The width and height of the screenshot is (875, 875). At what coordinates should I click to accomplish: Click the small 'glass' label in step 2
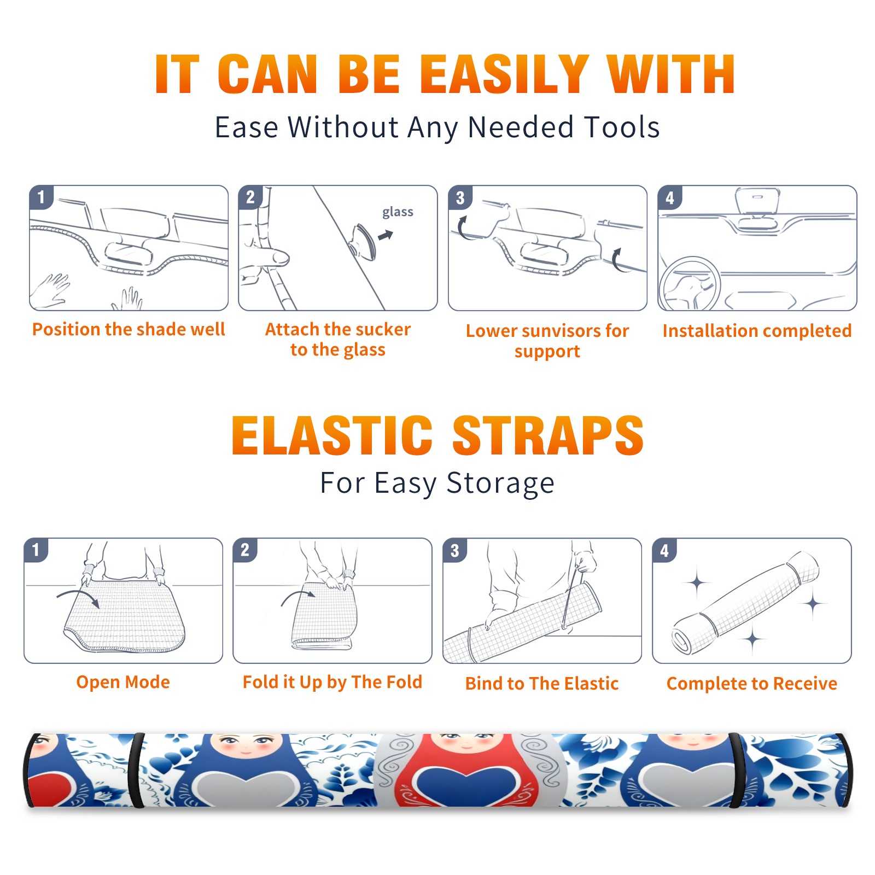click(398, 212)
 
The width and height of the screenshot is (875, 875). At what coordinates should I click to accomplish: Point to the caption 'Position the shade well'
click(129, 329)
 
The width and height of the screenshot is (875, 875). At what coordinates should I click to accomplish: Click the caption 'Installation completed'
click(757, 331)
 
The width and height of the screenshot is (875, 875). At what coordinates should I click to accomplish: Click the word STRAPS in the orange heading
click(548, 436)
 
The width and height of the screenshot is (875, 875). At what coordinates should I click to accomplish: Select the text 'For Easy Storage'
click(437, 483)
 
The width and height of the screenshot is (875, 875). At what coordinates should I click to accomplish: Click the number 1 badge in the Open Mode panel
click(36, 550)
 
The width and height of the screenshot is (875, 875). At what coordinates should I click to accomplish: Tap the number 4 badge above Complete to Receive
click(664, 550)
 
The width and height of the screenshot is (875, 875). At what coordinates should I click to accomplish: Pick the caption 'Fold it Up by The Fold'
click(332, 682)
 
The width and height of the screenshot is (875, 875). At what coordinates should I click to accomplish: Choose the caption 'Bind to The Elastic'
click(542, 684)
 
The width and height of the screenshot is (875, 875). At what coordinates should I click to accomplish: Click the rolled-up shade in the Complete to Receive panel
click(745, 602)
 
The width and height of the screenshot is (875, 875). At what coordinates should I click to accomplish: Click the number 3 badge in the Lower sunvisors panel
click(460, 197)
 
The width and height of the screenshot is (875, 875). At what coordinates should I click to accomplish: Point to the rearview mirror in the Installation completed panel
click(758, 201)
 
